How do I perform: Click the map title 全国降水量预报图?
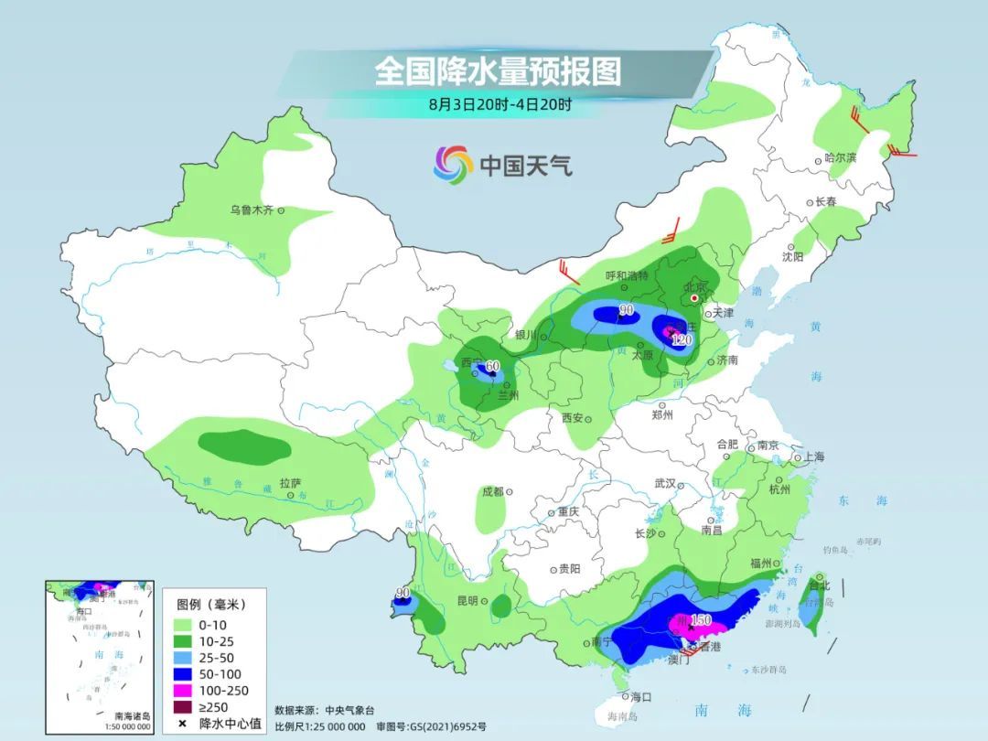498,71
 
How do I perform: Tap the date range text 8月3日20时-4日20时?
499,104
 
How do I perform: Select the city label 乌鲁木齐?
252,210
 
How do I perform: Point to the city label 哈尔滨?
840,158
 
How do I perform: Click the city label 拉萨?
290,483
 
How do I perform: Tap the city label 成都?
492,491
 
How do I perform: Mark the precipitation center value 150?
700,620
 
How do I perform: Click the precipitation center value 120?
682,339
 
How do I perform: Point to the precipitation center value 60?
492,367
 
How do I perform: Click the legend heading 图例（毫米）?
210,605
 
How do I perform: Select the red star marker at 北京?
694,298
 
